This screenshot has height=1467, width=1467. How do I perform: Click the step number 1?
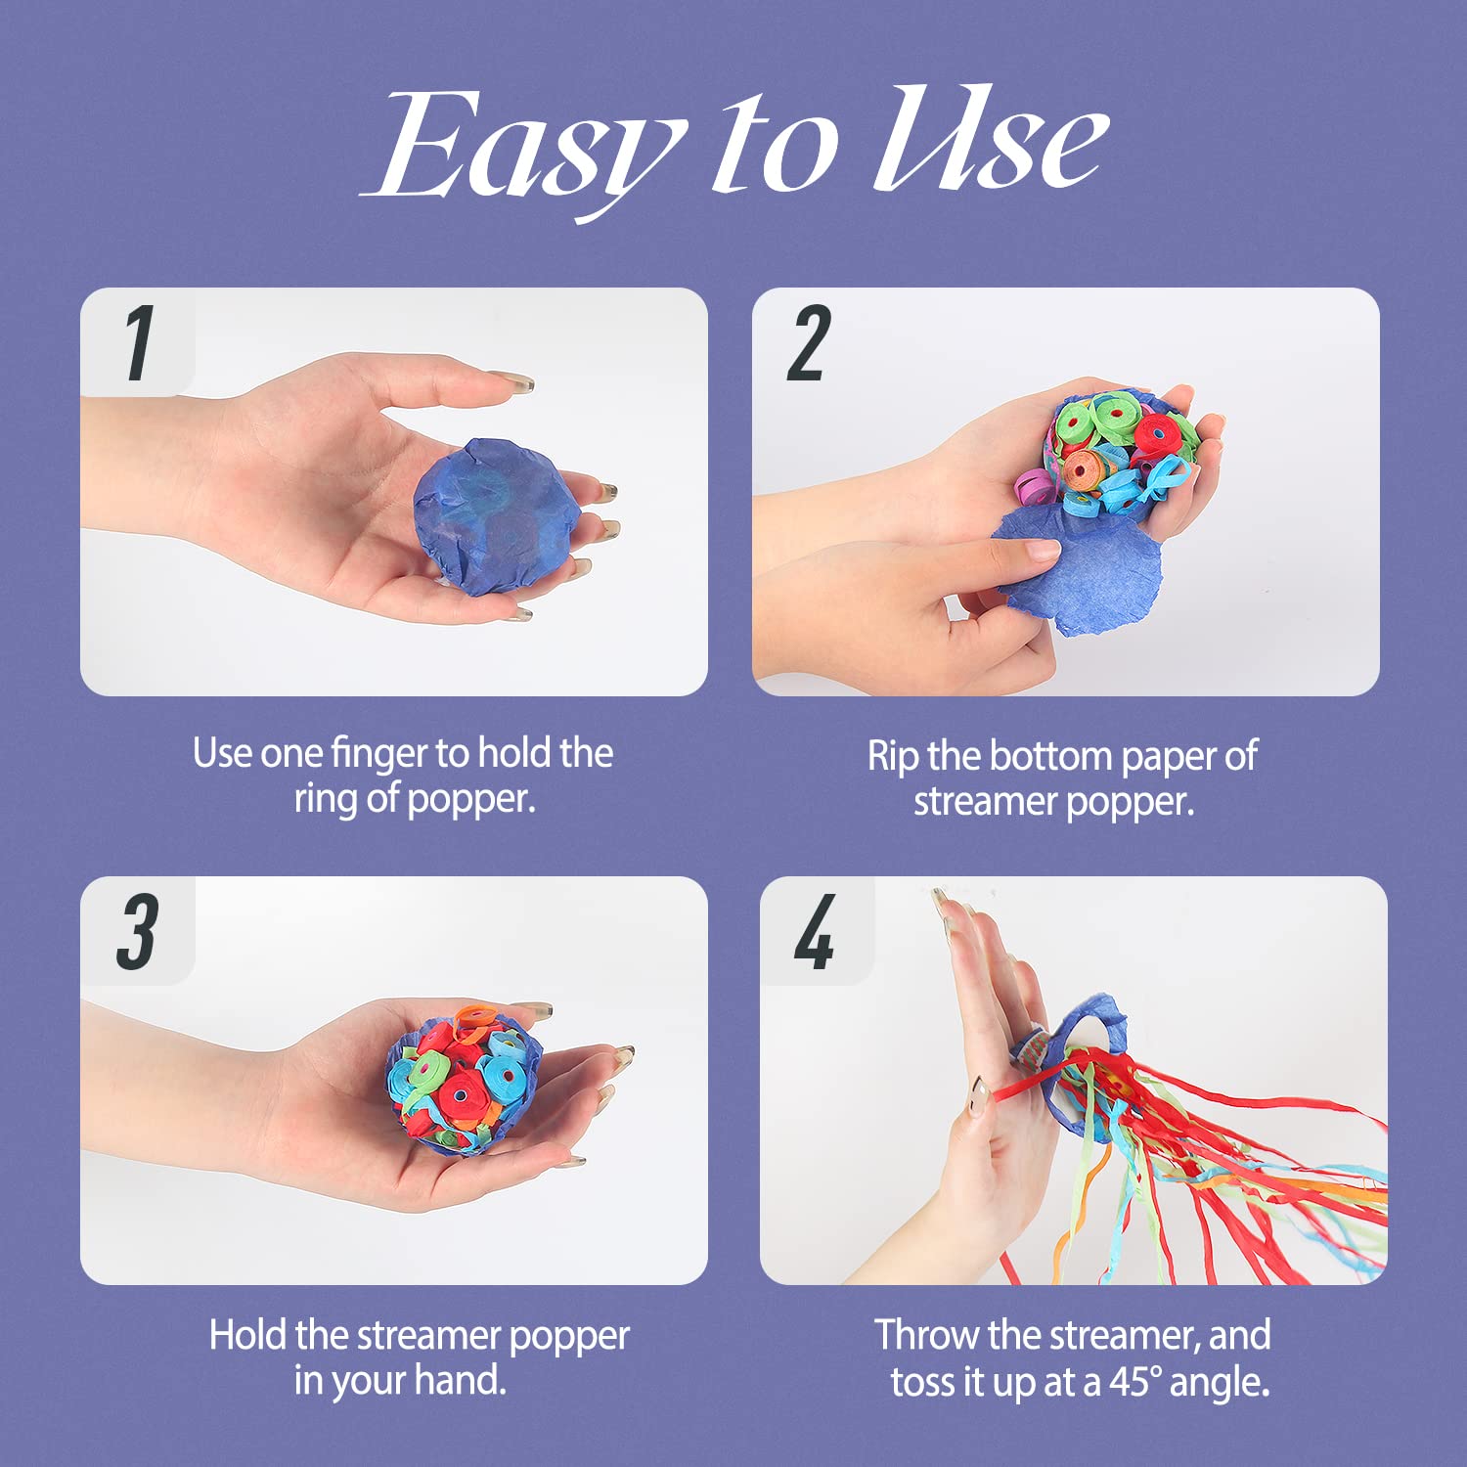[x=140, y=342]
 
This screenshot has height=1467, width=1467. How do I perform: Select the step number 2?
[x=809, y=342]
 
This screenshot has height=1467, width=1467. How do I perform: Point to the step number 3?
[x=137, y=932]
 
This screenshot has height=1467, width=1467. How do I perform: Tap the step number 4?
[x=815, y=932]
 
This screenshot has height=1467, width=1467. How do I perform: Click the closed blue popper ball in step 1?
[x=496, y=516]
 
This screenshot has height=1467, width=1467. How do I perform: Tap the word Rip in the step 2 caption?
[x=892, y=757]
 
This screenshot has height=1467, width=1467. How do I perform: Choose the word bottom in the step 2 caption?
[x=1052, y=757]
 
